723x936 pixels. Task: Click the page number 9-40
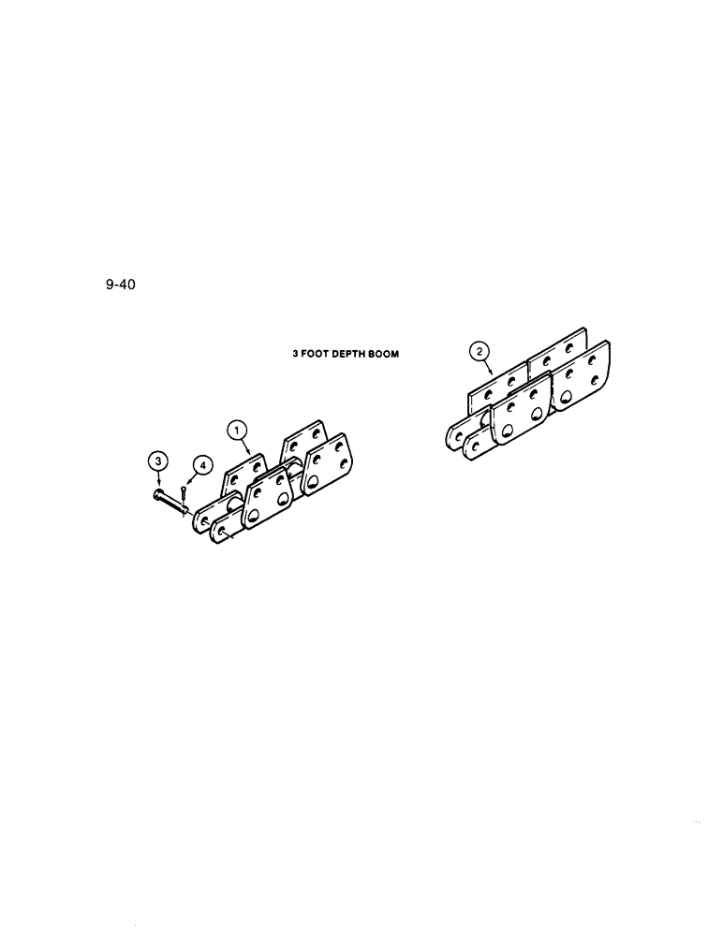pos(121,285)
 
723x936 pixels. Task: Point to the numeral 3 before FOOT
pos(294,355)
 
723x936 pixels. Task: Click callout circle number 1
pos(238,429)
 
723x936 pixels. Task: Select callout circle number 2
pos(479,352)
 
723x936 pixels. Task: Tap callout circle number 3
pos(158,460)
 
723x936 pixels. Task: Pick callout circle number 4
pos(201,465)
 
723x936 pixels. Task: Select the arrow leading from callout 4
pos(191,477)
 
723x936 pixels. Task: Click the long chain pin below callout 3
pos(170,503)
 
